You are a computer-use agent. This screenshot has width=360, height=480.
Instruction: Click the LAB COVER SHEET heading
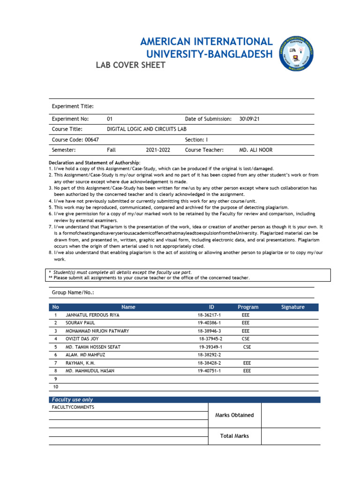point(130,65)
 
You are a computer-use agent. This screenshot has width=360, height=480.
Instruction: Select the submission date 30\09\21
point(249,119)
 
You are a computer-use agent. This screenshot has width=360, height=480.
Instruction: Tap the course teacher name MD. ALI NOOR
point(255,150)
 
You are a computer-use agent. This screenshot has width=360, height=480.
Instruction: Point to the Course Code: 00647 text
point(75,140)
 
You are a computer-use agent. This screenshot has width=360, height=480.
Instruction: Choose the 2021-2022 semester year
point(158,150)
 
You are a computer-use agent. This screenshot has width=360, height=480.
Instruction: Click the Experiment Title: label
point(73,106)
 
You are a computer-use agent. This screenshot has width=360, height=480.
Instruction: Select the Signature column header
point(292,307)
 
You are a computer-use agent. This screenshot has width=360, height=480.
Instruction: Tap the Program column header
point(248,307)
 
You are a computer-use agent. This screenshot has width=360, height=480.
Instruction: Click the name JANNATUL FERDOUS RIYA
point(93,315)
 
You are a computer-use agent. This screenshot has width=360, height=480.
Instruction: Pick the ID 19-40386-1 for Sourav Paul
point(209,323)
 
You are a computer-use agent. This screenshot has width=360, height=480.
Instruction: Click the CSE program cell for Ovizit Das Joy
point(246,339)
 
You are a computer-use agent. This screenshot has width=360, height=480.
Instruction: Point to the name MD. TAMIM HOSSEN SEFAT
point(93,347)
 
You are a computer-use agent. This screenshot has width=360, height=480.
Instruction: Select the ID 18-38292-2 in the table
point(209,355)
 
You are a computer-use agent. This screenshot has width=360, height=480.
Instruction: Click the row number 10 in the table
point(56,387)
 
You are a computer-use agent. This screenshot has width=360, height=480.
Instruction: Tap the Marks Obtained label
point(234,415)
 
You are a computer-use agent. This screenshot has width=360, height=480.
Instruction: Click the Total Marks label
point(234,436)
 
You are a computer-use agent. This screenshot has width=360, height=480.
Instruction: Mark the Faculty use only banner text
point(72,400)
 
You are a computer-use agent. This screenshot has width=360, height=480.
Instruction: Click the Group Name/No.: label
point(73,292)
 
